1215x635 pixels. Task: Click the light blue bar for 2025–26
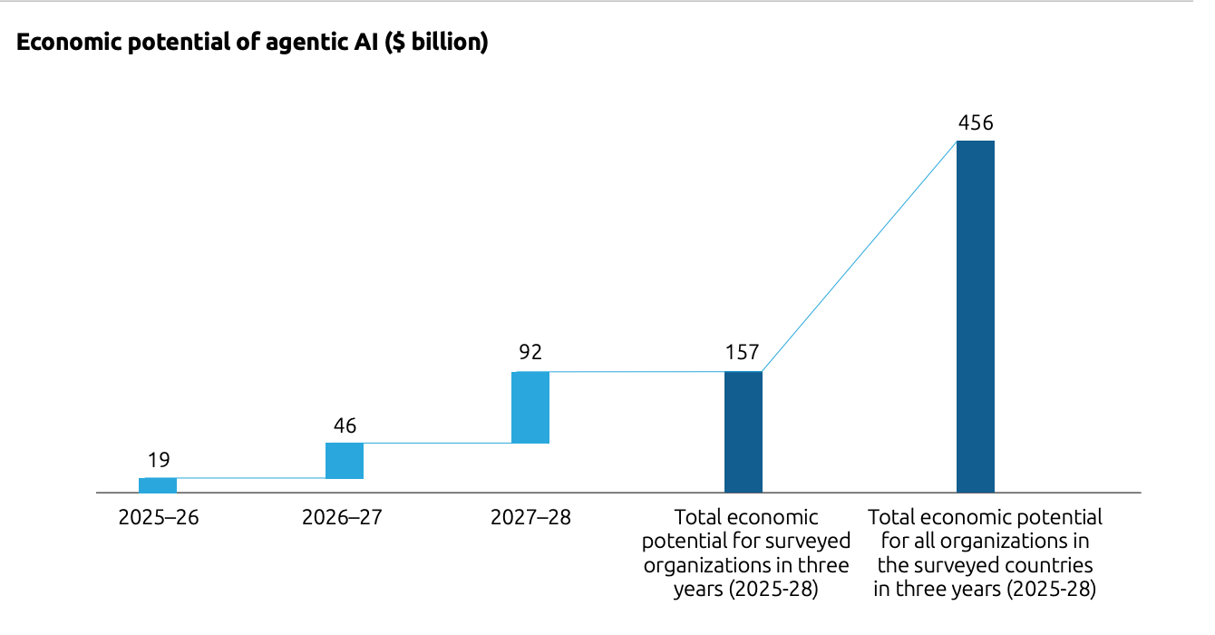(x=158, y=485)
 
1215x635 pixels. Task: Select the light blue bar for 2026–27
(x=345, y=461)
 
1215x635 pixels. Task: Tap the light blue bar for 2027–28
(x=530, y=407)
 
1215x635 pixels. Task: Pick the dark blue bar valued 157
(x=744, y=433)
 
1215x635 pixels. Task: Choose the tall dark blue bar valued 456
(x=976, y=317)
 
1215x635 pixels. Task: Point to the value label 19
(x=159, y=460)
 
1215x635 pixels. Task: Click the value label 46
(x=345, y=425)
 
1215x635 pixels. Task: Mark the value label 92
(x=530, y=353)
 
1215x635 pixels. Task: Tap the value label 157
(x=743, y=353)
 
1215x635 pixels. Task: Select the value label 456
(x=976, y=122)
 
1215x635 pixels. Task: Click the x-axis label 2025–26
(x=159, y=518)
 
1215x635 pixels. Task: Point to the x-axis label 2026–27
(x=343, y=518)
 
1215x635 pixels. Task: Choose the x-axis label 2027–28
(x=530, y=518)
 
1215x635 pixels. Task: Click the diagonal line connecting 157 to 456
(x=860, y=257)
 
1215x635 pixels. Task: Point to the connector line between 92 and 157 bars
(x=635, y=372)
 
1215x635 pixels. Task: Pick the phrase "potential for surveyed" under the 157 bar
(x=746, y=542)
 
